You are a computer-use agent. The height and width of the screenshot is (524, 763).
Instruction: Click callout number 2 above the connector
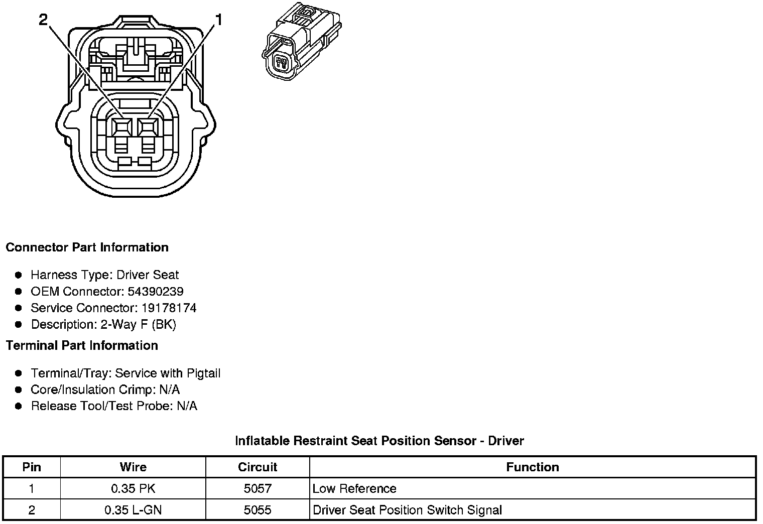(43, 20)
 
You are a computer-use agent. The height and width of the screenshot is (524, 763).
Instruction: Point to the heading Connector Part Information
(87, 247)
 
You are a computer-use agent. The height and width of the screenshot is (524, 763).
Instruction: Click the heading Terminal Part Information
(82, 346)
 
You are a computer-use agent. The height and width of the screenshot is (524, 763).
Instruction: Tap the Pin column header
(32, 467)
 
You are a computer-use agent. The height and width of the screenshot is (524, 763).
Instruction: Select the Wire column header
(133, 467)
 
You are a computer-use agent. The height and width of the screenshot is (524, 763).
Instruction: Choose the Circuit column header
(258, 467)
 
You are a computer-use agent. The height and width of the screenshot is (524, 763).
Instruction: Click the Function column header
(532, 467)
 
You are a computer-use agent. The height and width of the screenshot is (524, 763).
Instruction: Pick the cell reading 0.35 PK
(133, 489)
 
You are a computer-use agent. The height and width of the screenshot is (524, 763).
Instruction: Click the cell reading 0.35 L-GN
(133, 510)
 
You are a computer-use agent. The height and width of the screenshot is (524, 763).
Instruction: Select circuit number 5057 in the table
(258, 489)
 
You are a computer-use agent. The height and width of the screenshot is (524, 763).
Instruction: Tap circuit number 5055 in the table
(258, 510)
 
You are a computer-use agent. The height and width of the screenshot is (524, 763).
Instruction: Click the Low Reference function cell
(354, 489)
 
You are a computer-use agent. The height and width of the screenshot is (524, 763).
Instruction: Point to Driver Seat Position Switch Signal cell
(407, 510)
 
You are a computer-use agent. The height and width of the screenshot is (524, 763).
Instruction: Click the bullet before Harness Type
(19, 275)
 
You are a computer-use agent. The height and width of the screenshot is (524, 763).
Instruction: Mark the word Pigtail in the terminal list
(203, 373)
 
